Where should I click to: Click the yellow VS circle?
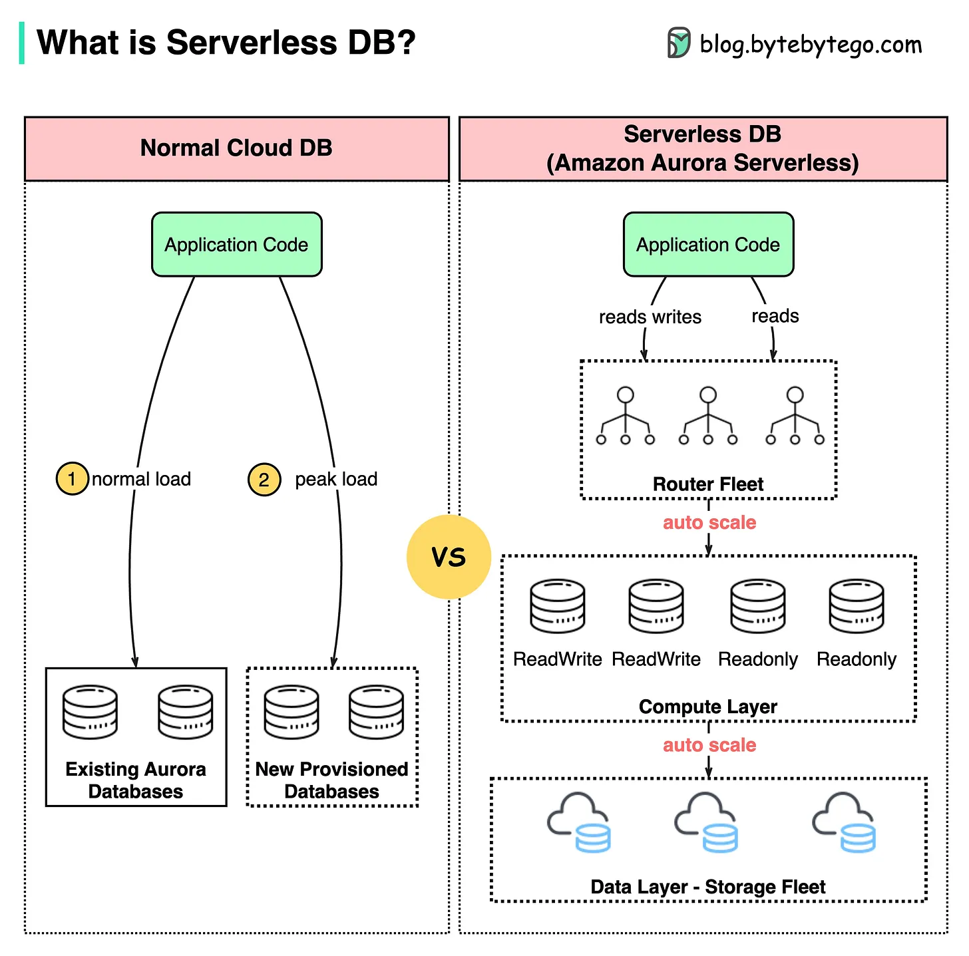click(449, 557)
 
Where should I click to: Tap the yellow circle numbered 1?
click(72, 479)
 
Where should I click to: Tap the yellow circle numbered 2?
click(264, 480)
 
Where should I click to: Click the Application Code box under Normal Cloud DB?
click(236, 245)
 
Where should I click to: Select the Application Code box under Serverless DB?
click(708, 245)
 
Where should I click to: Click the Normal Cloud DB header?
click(236, 148)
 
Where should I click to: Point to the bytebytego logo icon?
click(679, 43)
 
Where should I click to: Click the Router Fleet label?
click(708, 484)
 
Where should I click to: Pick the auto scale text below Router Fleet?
click(709, 523)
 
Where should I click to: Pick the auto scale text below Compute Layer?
click(709, 745)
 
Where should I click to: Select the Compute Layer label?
click(708, 707)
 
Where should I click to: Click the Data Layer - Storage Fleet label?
click(708, 887)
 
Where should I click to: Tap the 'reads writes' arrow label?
click(650, 317)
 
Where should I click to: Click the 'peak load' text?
click(336, 479)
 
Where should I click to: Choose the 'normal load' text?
click(141, 479)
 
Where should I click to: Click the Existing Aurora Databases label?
click(136, 780)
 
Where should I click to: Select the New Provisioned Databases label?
click(331, 780)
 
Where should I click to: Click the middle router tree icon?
click(708, 416)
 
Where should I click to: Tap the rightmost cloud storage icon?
click(844, 822)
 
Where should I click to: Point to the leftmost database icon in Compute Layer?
click(558, 606)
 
